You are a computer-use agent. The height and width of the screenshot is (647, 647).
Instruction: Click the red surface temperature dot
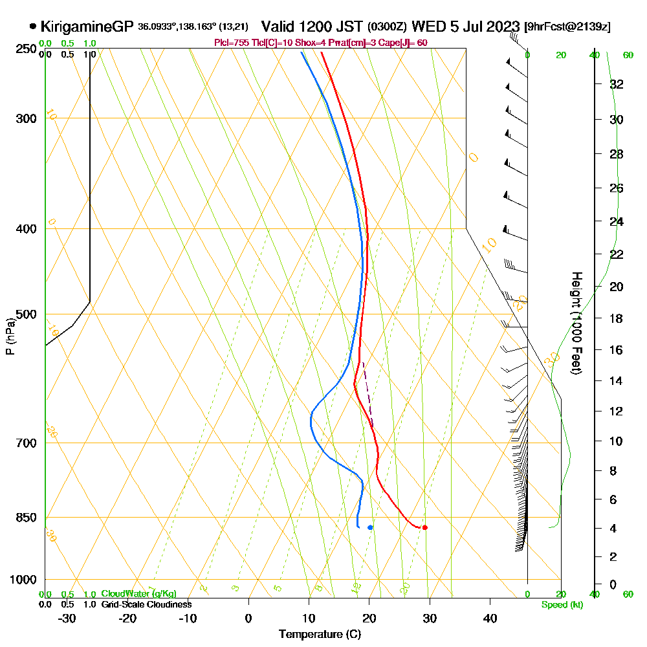point(424,527)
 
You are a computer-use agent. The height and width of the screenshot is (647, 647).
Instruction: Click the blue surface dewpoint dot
point(370,527)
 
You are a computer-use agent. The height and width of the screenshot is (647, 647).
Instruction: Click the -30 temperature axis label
point(67,618)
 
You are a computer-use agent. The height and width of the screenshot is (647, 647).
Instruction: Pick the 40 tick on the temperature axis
point(490,618)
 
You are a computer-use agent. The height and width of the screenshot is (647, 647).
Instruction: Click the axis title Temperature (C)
point(320,635)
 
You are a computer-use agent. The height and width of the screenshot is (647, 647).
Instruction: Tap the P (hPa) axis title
point(10,336)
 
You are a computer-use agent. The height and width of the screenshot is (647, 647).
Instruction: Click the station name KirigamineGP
point(86,27)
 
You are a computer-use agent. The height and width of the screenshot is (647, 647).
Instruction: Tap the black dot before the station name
point(32,27)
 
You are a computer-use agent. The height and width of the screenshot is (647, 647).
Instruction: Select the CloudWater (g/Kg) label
point(138,594)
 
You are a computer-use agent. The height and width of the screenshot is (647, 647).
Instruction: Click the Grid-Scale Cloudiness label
point(146,604)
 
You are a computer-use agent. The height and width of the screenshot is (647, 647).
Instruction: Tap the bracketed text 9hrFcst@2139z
point(567,27)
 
